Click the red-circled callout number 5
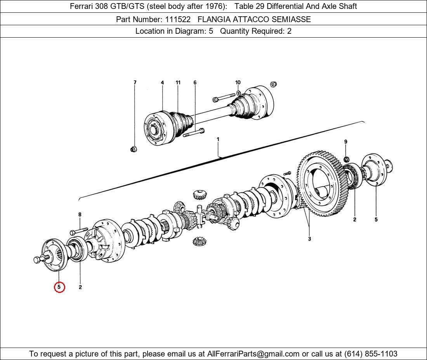(x=59, y=287)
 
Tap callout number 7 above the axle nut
(x=135, y=83)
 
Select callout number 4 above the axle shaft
(x=162, y=83)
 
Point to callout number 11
(x=178, y=83)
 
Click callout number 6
(x=195, y=83)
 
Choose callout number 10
(x=238, y=82)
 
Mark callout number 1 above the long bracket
(x=218, y=139)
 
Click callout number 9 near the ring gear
(x=346, y=142)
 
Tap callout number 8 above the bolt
(x=80, y=215)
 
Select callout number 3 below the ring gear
(x=309, y=239)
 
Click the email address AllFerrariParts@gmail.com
(x=253, y=354)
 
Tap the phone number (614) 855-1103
(x=371, y=354)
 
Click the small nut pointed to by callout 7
(x=134, y=149)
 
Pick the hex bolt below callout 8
(x=78, y=232)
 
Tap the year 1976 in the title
(x=215, y=6)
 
